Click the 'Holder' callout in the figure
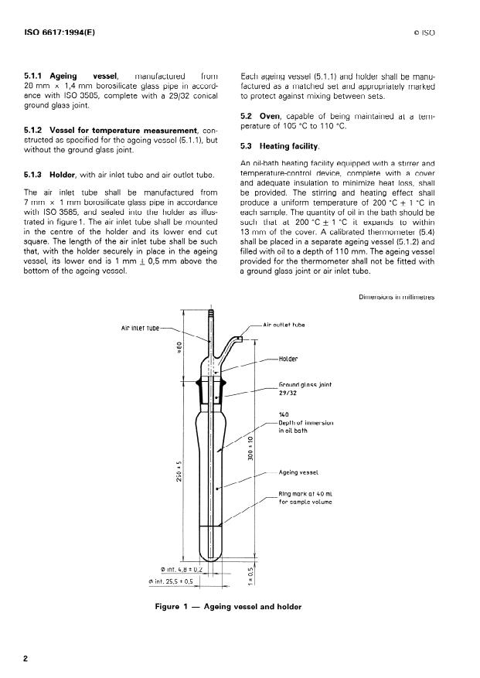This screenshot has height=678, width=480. pos(288,359)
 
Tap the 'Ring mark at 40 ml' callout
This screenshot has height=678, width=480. pos(305,498)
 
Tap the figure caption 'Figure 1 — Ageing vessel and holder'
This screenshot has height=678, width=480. pos(227,606)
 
